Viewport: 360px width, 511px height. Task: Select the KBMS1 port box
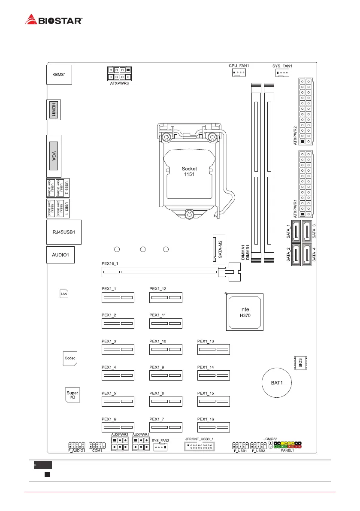pyautogui.click(x=59, y=74)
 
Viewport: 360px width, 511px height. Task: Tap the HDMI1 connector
pyautogui.click(x=54, y=110)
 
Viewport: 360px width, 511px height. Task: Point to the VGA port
pyautogui.click(x=54, y=155)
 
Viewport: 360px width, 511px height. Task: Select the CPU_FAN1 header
pyautogui.click(x=238, y=73)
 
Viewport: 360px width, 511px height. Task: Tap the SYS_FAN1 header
pyautogui.click(x=282, y=73)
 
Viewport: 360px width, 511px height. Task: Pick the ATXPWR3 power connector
pyautogui.click(x=120, y=73)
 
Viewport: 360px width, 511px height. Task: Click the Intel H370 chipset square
pyautogui.click(x=245, y=312)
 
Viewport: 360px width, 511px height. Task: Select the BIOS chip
pyautogui.click(x=300, y=363)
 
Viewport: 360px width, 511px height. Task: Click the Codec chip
pyautogui.click(x=70, y=358)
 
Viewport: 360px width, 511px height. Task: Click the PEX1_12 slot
pyautogui.click(x=166, y=298)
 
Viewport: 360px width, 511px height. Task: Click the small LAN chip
pyautogui.click(x=64, y=293)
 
